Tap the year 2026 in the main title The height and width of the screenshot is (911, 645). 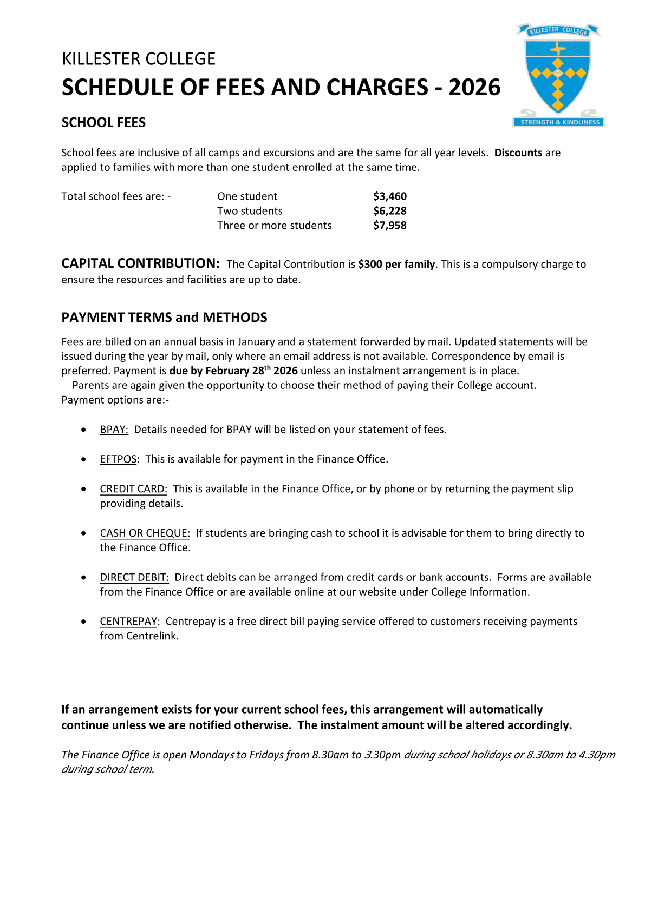pyautogui.click(x=474, y=88)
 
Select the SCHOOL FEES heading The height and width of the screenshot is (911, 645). pyautogui.click(x=103, y=123)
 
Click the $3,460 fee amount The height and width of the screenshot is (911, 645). pyautogui.click(x=389, y=196)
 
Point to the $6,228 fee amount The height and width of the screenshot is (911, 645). pyautogui.click(x=389, y=211)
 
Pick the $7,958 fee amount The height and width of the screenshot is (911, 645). pyautogui.click(x=389, y=226)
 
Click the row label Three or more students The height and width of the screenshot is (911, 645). pyautogui.click(x=274, y=226)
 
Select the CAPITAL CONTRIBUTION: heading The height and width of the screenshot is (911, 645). pyautogui.click(x=140, y=263)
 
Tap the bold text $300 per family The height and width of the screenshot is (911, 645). pyautogui.click(x=396, y=265)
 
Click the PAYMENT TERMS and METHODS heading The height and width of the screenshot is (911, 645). pyautogui.click(x=164, y=318)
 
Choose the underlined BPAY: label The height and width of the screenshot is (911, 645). pyautogui.click(x=114, y=430)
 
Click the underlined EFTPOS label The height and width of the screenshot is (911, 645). pyautogui.click(x=118, y=459)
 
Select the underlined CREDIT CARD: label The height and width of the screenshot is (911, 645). pyautogui.click(x=133, y=489)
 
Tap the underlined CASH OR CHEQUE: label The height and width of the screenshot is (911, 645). pyautogui.click(x=145, y=533)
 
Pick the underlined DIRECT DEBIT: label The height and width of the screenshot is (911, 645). pyautogui.click(x=134, y=578)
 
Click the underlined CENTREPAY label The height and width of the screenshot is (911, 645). pyautogui.click(x=128, y=622)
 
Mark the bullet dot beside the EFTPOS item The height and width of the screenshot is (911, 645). pyautogui.click(x=83, y=459)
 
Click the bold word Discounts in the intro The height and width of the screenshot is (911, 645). pyautogui.click(x=518, y=153)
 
